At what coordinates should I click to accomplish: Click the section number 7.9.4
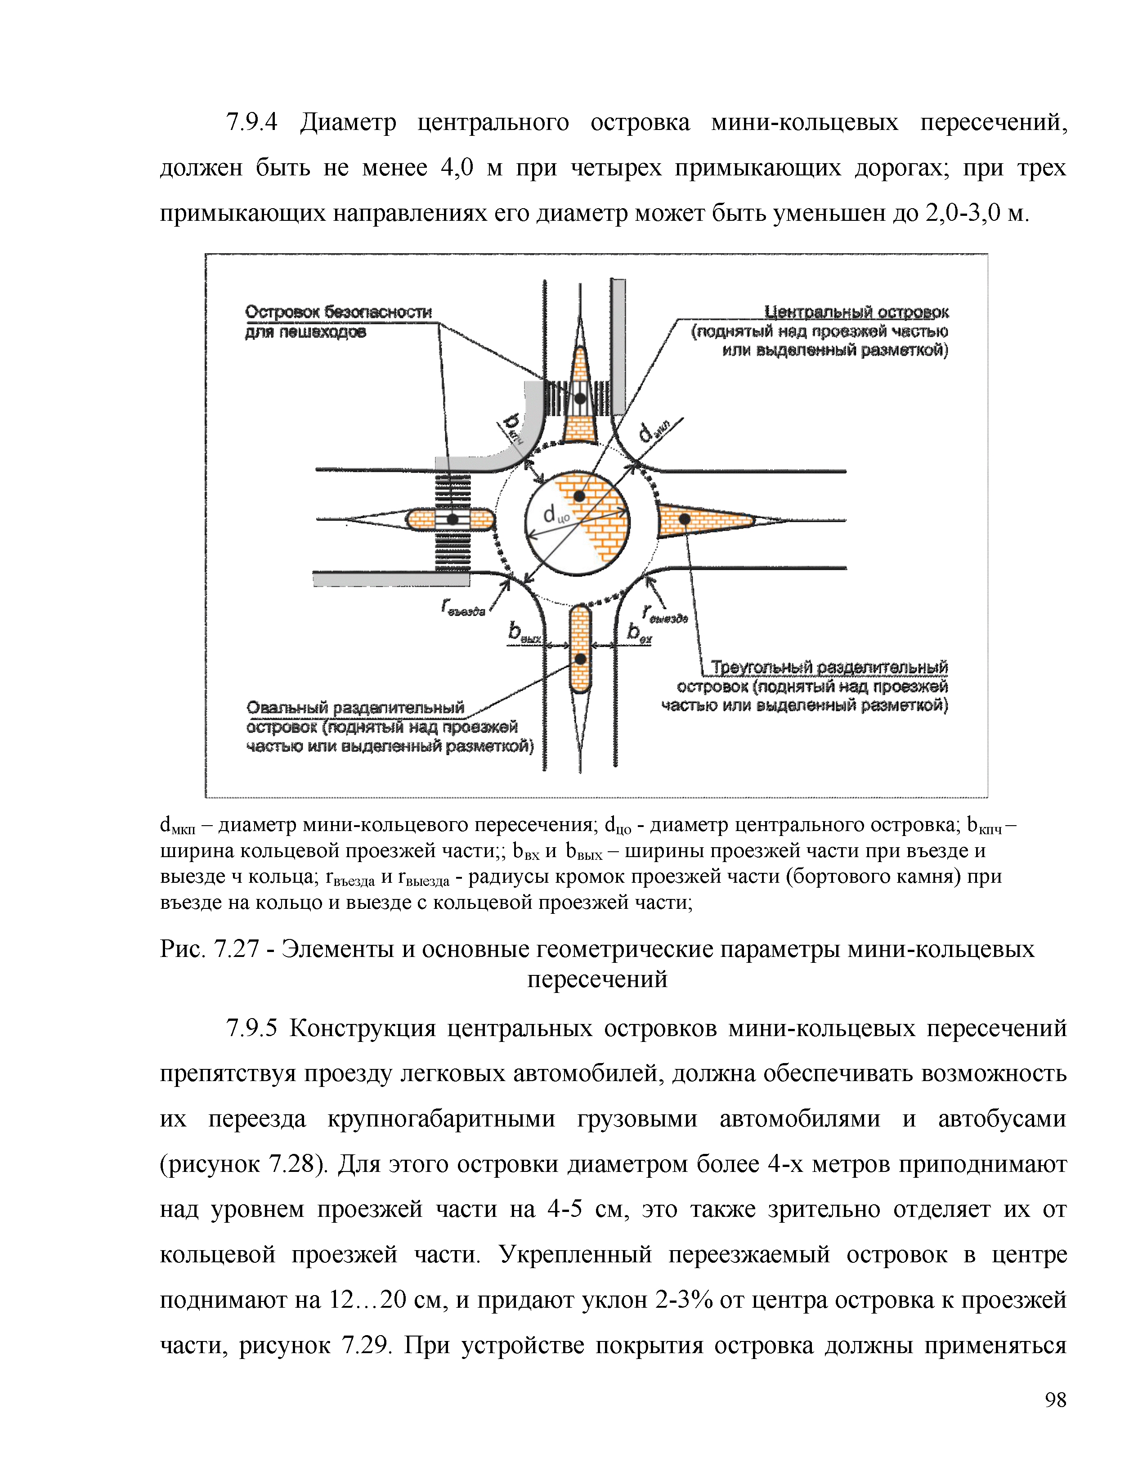pos(252,123)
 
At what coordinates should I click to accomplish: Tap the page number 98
pos(1055,1400)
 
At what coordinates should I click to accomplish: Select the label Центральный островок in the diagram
pos(856,312)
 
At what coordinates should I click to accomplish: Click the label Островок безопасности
pos(338,312)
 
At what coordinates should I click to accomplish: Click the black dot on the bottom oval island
pos(580,659)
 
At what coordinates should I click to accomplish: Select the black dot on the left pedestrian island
pos(452,520)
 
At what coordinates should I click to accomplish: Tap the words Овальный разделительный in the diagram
pos(355,708)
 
